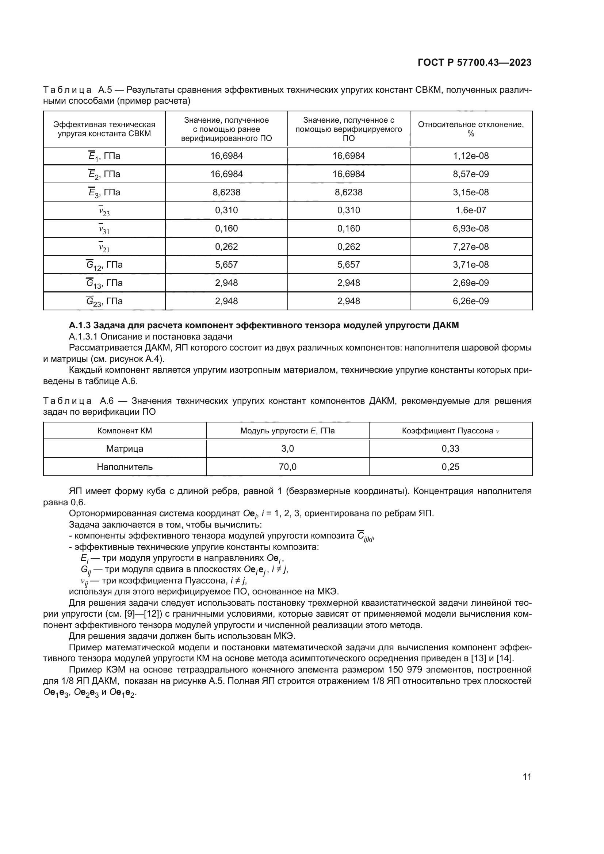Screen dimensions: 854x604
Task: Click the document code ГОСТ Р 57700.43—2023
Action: (x=474, y=62)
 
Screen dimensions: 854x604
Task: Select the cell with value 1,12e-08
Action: (x=470, y=156)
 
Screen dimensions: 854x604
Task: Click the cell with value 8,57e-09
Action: (x=470, y=174)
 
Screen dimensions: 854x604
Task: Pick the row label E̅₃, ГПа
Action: (x=104, y=192)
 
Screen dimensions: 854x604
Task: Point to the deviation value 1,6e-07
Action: (x=470, y=210)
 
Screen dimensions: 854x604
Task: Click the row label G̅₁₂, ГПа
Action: (x=104, y=265)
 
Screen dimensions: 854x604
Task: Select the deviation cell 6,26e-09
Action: (x=470, y=301)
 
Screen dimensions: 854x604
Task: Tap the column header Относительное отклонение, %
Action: (x=470, y=129)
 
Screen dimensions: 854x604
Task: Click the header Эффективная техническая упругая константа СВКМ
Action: (x=104, y=129)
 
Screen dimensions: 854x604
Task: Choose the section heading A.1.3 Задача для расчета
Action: (x=264, y=325)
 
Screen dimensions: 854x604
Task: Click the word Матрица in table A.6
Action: (x=125, y=449)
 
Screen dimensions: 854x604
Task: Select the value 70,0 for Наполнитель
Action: (x=287, y=467)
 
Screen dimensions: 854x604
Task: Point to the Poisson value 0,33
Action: (x=450, y=449)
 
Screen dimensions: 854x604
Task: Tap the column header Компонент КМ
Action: (x=125, y=431)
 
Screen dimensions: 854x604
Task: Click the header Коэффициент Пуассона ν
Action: (x=450, y=431)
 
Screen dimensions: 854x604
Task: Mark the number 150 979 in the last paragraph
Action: (x=408, y=670)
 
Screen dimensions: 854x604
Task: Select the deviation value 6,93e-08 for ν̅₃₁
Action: (x=470, y=228)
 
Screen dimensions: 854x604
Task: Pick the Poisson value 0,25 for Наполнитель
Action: (x=450, y=467)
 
